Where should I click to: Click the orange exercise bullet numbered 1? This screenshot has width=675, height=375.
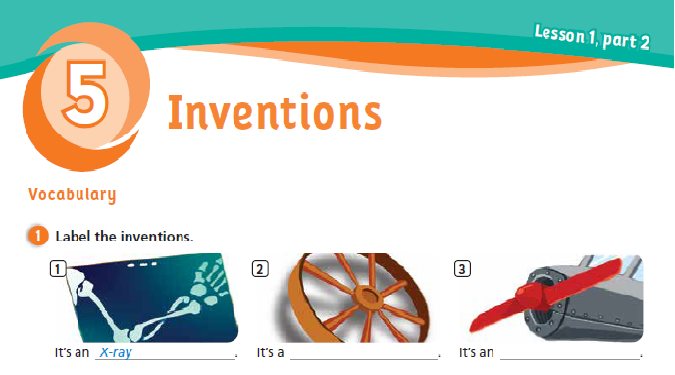click(x=37, y=237)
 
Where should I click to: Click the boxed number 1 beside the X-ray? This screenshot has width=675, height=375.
click(x=60, y=268)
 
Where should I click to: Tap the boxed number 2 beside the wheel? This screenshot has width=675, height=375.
click(x=260, y=268)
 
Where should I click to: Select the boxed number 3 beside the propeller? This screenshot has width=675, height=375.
click(x=463, y=268)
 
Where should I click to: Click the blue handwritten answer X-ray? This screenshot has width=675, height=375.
click(x=116, y=351)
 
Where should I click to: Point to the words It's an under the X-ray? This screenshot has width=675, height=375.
click(x=72, y=351)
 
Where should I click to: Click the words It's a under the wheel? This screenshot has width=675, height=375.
click(x=270, y=351)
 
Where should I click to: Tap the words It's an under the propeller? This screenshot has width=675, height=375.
click(x=475, y=351)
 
